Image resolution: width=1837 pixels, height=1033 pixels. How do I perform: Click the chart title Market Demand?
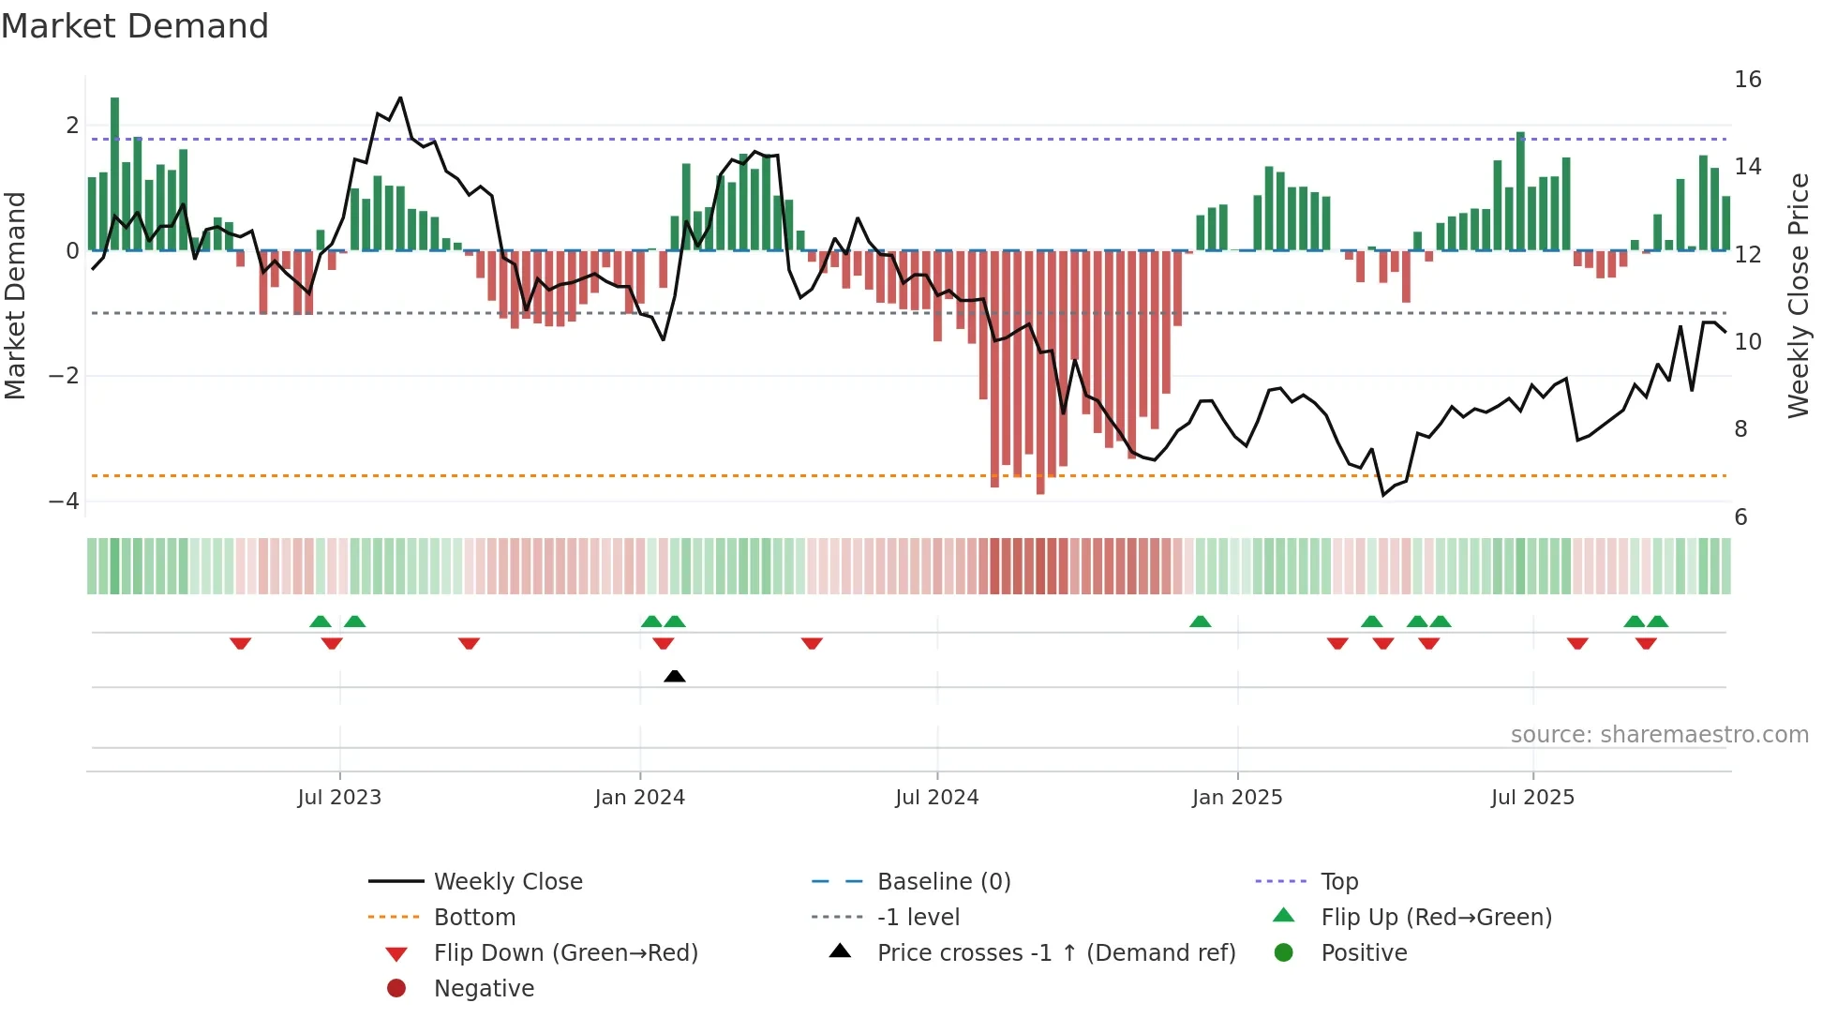135,26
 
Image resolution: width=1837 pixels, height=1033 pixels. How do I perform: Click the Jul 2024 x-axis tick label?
936,798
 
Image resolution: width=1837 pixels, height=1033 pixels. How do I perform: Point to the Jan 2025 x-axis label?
1236,798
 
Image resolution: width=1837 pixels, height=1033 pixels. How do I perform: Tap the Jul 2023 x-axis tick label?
339,798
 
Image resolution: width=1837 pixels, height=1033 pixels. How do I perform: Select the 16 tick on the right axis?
1747,80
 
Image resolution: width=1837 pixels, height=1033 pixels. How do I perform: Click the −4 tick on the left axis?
64,502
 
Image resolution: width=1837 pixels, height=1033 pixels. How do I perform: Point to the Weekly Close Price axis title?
1798,295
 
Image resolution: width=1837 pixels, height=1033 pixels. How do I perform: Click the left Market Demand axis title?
15,295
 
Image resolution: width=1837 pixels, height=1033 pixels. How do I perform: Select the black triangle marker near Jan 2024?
674,676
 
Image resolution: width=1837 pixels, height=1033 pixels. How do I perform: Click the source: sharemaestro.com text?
1659,735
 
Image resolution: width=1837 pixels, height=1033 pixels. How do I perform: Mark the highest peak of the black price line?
400,97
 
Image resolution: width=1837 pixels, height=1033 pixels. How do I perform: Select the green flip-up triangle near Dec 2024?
1200,621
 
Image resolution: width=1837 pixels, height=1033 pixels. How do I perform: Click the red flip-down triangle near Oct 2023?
469,643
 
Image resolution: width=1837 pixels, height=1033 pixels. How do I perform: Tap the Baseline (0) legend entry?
943,882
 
